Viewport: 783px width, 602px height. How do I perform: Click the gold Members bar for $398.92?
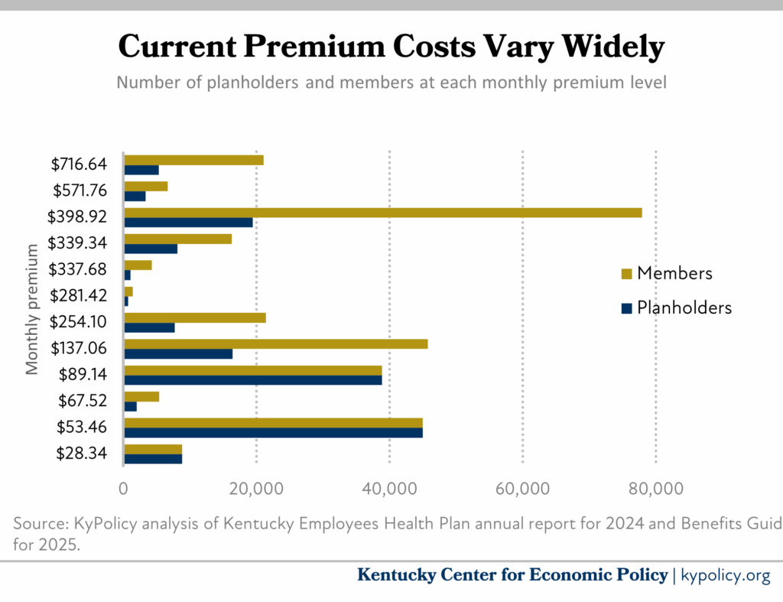(382, 213)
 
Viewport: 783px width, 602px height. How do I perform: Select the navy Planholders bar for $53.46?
(273, 433)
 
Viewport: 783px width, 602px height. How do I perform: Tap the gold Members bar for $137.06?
(275, 344)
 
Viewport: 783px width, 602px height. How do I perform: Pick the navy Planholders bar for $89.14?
(252, 380)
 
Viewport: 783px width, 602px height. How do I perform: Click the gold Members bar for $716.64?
(193, 160)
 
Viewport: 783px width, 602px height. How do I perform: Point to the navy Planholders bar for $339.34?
(151, 249)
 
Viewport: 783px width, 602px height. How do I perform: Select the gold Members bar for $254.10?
(194, 317)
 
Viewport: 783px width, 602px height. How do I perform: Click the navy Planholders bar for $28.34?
(153, 459)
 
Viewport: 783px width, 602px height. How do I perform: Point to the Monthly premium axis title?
(32, 310)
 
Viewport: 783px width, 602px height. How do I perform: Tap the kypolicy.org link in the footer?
(725, 575)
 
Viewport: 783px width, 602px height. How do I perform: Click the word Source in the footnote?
(39, 524)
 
